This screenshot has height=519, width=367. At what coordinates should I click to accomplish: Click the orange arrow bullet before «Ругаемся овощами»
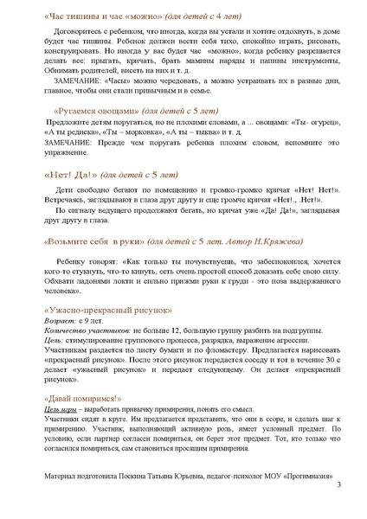pyautogui.click(x=45, y=112)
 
